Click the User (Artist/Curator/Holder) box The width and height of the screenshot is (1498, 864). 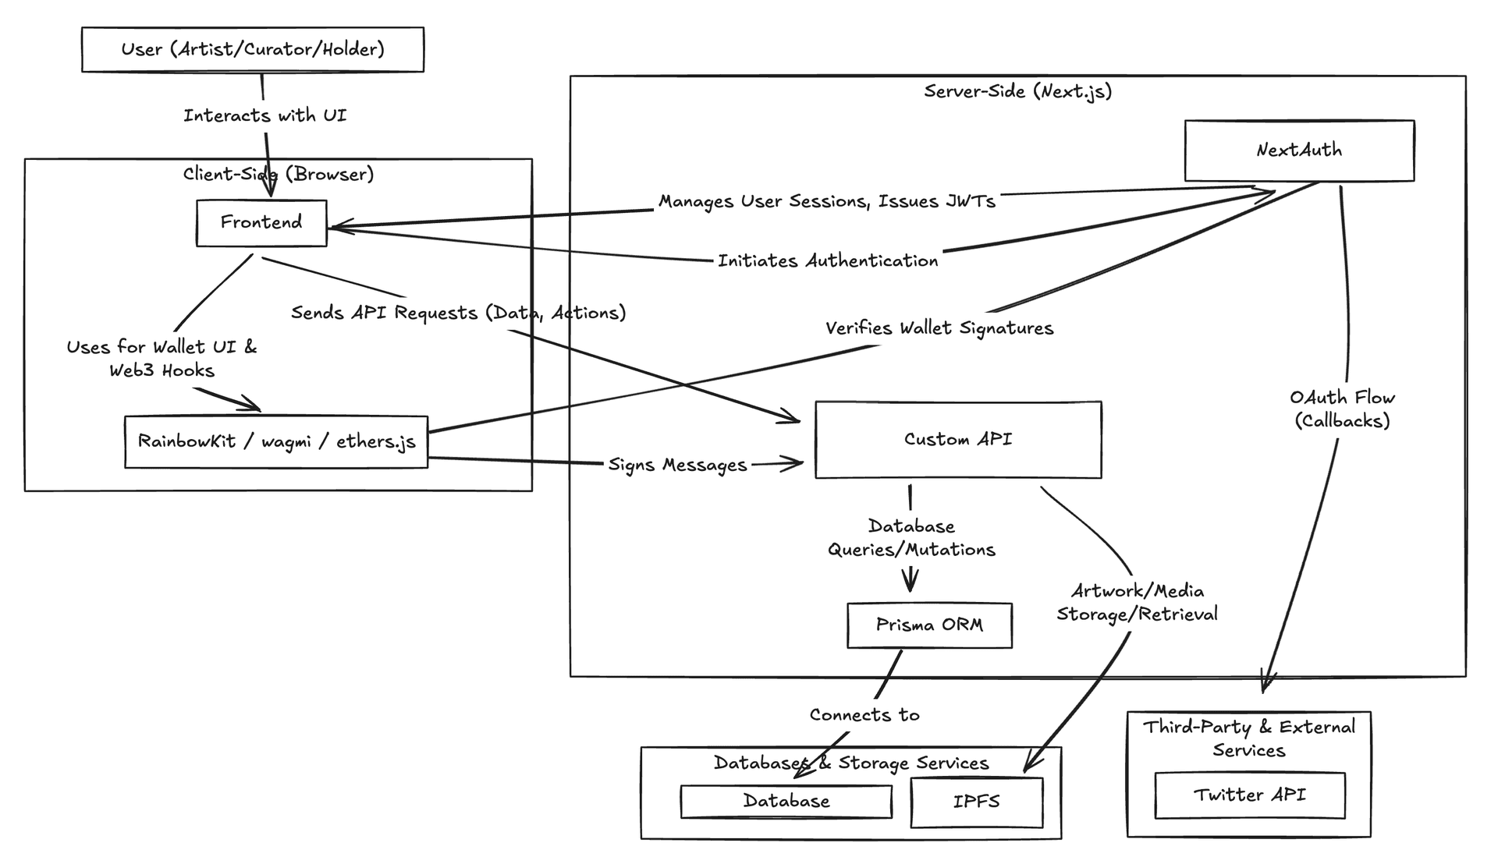click(252, 50)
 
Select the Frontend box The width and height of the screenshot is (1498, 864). click(261, 223)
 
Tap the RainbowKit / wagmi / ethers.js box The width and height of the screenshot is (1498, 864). click(276, 441)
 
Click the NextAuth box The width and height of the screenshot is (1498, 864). click(1299, 150)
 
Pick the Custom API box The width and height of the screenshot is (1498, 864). click(958, 440)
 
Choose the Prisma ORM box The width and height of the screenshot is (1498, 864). click(929, 625)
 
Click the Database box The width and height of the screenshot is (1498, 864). click(786, 801)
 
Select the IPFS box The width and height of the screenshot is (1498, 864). click(976, 802)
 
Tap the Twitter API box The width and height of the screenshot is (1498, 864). click(1249, 795)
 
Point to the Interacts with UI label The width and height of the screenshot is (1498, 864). click(264, 115)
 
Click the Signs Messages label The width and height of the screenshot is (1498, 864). click(677, 465)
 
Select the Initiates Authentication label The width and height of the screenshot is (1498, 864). click(828, 260)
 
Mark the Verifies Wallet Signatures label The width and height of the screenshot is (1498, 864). click(939, 328)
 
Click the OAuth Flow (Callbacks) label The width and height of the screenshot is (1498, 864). click(1342, 409)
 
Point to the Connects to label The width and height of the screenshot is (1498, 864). click(864, 715)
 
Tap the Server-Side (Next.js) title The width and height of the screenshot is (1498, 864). click(1017, 91)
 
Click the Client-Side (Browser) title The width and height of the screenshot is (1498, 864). click(279, 174)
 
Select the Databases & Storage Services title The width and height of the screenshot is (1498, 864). click(851, 763)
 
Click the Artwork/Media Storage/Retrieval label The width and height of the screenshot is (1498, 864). click(1137, 603)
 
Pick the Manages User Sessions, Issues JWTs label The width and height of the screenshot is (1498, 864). click(827, 201)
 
